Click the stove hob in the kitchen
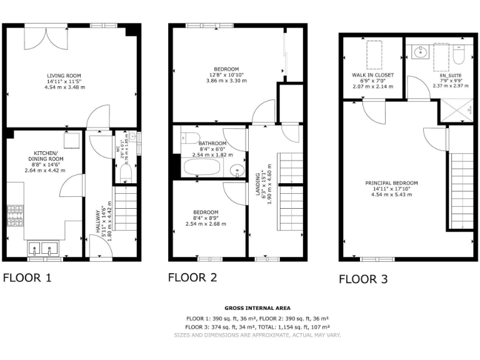point(14,216)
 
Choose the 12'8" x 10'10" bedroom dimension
point(226,75)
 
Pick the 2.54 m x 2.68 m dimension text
point(206,224)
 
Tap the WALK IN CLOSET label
point(372,75)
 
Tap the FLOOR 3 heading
point(367,279)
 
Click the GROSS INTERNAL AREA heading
point(257,308)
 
